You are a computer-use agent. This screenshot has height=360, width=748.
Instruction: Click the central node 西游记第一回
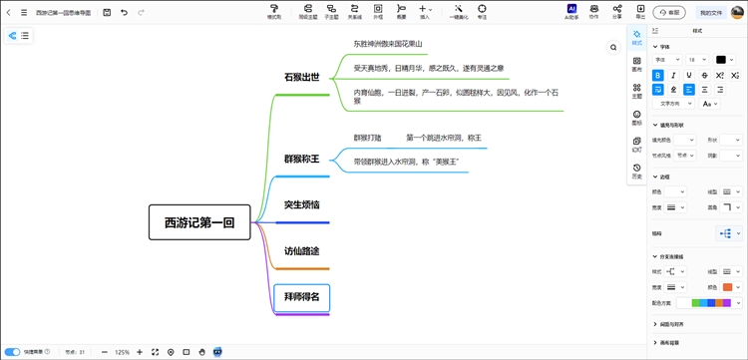198,223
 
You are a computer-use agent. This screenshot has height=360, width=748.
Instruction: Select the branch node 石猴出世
301,77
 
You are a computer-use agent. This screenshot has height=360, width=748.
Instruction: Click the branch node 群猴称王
301,159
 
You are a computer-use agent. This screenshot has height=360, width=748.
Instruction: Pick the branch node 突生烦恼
301,204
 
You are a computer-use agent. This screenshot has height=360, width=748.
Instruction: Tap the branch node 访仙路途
301,250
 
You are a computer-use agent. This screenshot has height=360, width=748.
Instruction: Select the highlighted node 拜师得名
301,296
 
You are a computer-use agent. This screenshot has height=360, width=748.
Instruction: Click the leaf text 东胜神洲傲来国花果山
388,44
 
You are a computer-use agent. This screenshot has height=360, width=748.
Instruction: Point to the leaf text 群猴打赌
368,137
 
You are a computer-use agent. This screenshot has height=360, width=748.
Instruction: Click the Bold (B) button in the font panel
658,75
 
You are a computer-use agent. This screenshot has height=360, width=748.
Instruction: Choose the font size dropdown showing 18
697,60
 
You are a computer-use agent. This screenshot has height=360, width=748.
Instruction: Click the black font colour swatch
721,60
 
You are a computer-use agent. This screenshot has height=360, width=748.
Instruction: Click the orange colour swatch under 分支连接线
727,286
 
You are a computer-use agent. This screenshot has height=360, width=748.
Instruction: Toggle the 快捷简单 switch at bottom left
12,351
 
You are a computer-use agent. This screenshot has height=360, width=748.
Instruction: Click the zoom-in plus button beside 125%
139,351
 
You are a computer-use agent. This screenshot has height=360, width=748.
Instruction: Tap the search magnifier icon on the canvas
613,47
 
